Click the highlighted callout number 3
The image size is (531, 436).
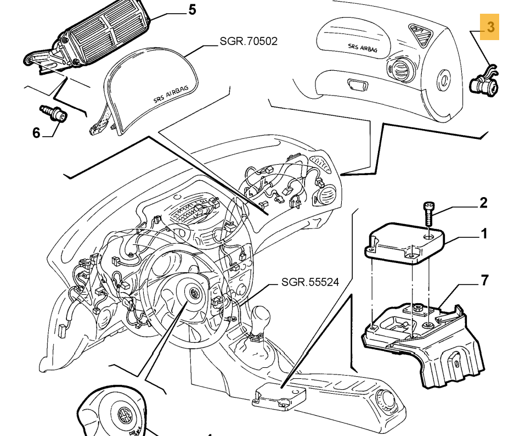490,26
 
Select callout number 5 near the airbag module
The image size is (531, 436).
192,10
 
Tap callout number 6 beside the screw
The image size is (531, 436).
36,133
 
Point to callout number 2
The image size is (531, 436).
483,203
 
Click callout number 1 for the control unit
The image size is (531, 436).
484,234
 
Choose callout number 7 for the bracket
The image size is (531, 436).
484,281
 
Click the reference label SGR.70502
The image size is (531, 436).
248,41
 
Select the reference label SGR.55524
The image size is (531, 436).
310,282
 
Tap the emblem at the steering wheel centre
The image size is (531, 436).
193,293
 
